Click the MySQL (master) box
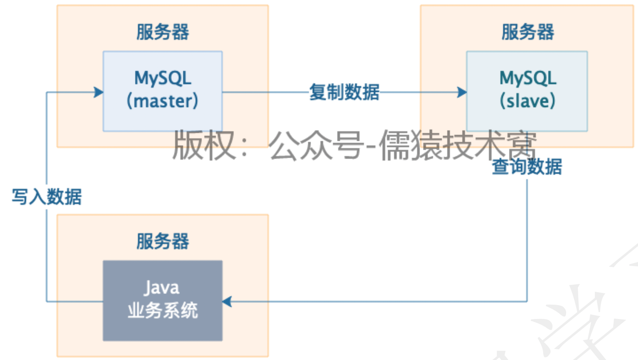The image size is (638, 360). point(163,91)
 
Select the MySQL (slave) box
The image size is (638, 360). point(527,91)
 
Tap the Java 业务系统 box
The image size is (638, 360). point(163,300)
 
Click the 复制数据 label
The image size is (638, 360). point(344,92)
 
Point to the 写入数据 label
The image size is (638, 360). point(47,197)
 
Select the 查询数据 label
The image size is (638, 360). point(527,167)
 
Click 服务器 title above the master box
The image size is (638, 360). point(163,32)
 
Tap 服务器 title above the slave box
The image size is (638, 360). point(527,32)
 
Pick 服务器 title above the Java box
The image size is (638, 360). point(163,241)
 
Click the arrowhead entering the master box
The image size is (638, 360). point(98,92)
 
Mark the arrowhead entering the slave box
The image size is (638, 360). point(462,92)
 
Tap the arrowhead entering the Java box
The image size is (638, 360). point(227,301)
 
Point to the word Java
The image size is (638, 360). point(162,288)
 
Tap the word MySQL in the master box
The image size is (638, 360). point(163,78)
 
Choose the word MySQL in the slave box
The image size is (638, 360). point(527,78)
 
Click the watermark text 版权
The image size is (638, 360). point(204,146)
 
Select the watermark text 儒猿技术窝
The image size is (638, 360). point(457,146)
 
